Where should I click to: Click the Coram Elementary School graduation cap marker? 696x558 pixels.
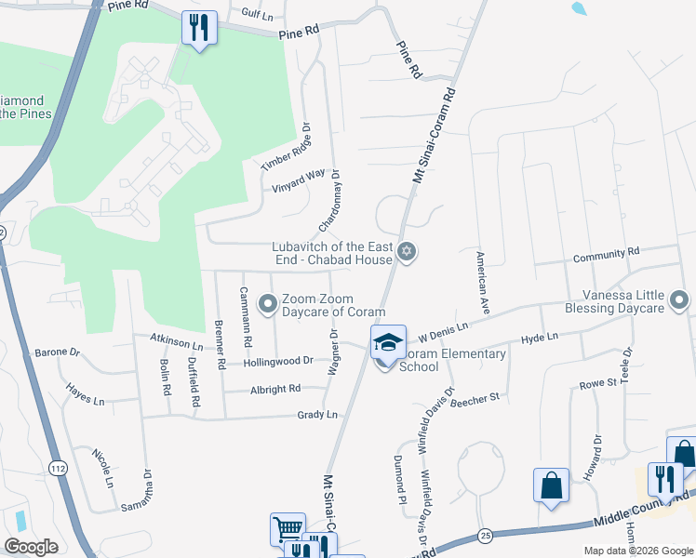coord(389,342)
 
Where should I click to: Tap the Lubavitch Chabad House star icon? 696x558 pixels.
coord(406,251)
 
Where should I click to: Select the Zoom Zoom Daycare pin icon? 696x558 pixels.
coord(268,303)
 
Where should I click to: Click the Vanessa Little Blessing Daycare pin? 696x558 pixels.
coord(679,299)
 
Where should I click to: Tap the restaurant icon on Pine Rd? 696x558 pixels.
coord(199,28)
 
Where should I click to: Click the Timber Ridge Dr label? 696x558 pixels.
coord(284,147)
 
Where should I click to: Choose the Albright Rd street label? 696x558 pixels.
coord(275,388)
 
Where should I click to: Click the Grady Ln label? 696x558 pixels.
coord(317,415)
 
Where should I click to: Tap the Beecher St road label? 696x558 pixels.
coord(475,397)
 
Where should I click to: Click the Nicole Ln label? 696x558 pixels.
coord(101,468)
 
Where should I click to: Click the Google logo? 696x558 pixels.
coord(31,547)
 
